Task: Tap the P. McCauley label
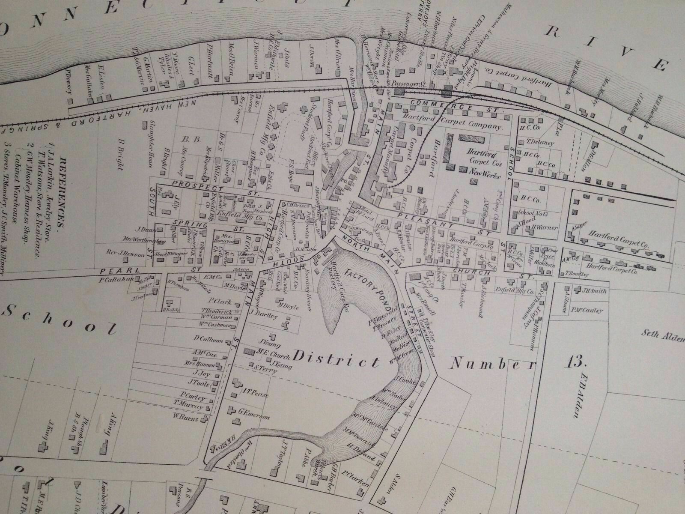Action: (x=585, y=311)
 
